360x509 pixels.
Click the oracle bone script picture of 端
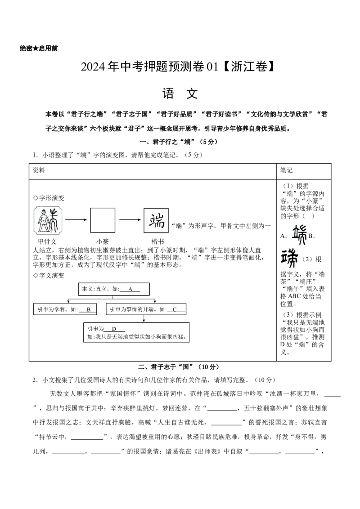pyautogui.click(x=48, y=221)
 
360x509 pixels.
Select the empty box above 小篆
pyautogui.click(x=103, y=220)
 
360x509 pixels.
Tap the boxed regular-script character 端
pyautogui.click(x=156, y=220)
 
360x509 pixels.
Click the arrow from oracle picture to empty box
pyautogui.click(x=76, y=220)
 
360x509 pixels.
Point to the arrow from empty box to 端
pyautogui.click(x=130, y=220)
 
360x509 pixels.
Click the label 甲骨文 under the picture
pyautogui.click(x=47, y=241)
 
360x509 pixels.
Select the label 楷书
pyautogui.click(x=157, y=241)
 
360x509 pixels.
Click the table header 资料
pyautogui.click(x=39, y=170)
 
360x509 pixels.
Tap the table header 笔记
pyautogui.click(x=287, y=170)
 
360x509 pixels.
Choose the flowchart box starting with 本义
pyautogui.click(x=114, y=289)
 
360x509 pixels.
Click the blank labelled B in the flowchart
pyautogui.click(x=88, y=310)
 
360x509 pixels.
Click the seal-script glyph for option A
pyautogui.click(x=299, y=235)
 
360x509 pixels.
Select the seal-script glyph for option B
pyautogui.click(x=289, y=259)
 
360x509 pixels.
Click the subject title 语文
pyautogui.click(x=180, y=94)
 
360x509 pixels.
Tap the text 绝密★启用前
pyautogui.click(x=39, y=49)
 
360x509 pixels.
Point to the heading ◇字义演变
pyautogui.click(x=49, y=276)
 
